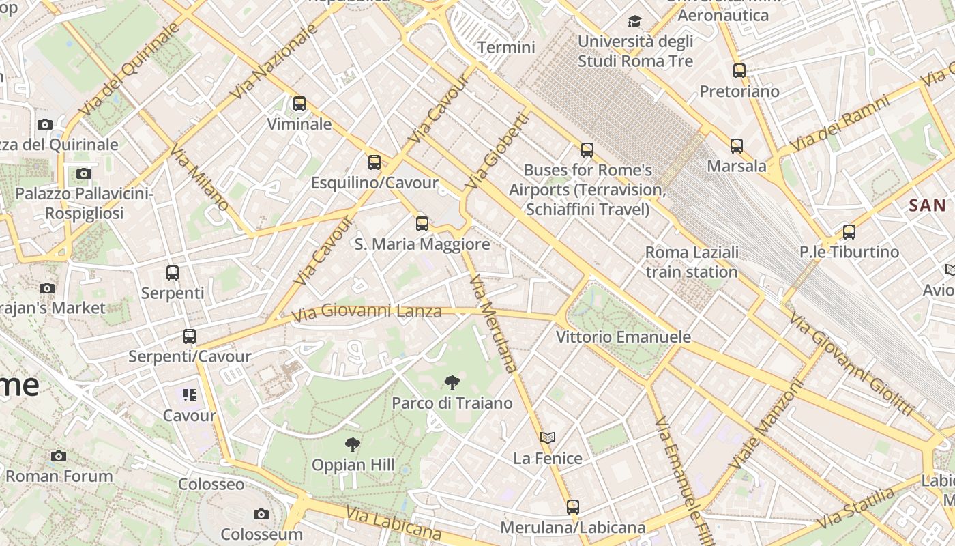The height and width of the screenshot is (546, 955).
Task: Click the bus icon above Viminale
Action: (299, 104)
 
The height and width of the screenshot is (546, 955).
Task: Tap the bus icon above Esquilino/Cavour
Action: (374, 162)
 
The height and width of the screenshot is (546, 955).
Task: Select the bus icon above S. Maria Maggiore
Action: (422, 223)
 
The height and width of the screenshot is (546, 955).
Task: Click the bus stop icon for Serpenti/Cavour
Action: (190, 336)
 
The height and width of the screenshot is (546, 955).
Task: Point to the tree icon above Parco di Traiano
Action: (452, 383)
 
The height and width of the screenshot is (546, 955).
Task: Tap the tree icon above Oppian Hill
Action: (353, 445)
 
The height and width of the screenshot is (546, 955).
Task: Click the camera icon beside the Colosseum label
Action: (261, 514)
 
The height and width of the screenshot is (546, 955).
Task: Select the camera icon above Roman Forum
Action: (59, 456)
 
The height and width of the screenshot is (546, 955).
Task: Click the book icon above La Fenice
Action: (548, 437)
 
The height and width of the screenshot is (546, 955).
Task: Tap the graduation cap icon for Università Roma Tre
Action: (634, 22)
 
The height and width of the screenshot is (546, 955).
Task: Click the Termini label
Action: (506, 47)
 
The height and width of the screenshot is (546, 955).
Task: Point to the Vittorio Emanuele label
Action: (623, 336)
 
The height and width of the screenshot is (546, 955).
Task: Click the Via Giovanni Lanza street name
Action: (367, 313)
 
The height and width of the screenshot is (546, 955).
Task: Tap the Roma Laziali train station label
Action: (692, 262)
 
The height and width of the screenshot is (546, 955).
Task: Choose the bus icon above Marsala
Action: (737, 145)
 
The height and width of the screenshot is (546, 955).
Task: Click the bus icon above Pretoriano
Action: (739, 70)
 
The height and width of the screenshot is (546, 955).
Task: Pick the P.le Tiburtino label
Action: (849, 252)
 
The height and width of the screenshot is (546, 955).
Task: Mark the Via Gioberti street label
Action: (497, 151)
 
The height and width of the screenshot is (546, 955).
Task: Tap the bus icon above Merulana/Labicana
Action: (573, 507)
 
